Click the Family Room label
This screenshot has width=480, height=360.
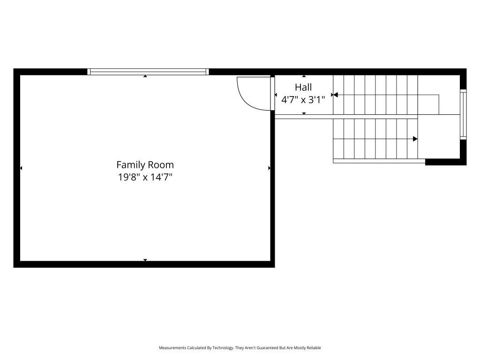click(x=145, y=165)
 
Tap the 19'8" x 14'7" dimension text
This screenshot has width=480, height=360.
click(x=145, y=177)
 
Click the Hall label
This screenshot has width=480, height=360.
click(x=303, y=87)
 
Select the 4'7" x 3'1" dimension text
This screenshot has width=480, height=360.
click(x=303, y=100)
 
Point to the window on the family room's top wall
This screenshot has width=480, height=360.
click(x=148, y=72)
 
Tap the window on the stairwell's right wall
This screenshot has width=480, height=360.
click(x=463, y=114)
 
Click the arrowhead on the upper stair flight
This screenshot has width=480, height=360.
click(x=335, y=95)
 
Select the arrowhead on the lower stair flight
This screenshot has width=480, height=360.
click(x=415, y=139)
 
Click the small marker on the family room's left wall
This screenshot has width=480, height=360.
click(x=21, y=168)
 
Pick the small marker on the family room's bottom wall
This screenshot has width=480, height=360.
click(x=145, y=260)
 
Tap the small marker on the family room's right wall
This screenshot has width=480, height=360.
click(x=270, y=168)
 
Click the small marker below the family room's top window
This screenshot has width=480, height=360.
click(x=145, y=76)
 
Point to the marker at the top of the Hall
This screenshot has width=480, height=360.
click(x=304, y=76)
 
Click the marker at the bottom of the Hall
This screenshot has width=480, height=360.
click(x=304, y=113)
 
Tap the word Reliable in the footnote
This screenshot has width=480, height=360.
click(x=313, y=348)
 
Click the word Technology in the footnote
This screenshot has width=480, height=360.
click(x=223, y=348)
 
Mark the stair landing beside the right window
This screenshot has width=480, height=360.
click(x=439, y=136)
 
